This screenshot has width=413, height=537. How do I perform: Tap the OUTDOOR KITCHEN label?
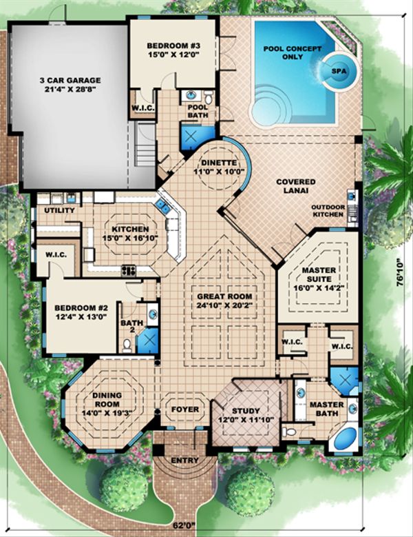pos(327,210)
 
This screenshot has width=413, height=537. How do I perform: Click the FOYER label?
pos(185,409)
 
